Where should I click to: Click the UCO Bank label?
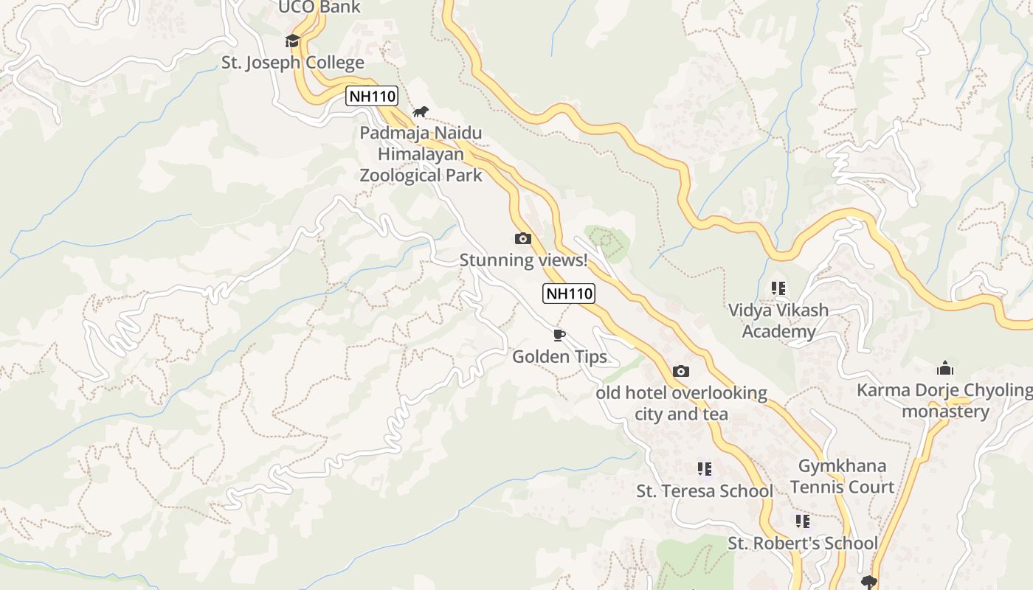[x=319, y=7]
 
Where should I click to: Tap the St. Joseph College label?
[x=293, y=63]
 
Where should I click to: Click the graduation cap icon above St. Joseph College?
[x=293, y=41]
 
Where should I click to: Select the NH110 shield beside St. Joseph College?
[x=372, y=96]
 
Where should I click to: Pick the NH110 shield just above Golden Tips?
[x=569, y=294]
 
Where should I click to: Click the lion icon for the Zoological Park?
[x=421, y=112]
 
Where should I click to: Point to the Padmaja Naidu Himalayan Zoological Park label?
[x=421, y=154]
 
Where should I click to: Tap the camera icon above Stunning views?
[x=523, y=238]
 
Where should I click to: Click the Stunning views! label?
[x=523, y=260]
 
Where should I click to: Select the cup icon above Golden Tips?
[x=559, y=336]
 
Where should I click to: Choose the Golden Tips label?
[x=559, y=357]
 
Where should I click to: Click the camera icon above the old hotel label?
[x=681, y=371]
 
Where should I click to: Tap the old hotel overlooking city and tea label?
[x=681, y=403]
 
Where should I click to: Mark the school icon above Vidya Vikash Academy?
[x=778, y=288]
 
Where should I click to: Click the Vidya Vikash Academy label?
[x=778, y=321]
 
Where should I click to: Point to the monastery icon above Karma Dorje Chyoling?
[x=945, y=368]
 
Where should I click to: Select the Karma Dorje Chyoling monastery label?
[x=945, y=400]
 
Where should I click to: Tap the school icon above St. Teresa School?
[x=705, y=469]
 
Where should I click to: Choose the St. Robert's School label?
[x=803, y=544]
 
